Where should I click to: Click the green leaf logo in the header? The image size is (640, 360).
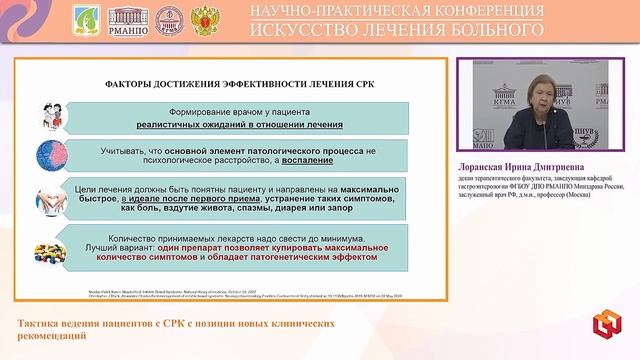click(x=87, y=21)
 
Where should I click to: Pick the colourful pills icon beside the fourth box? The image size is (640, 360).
click(x=49, y=250)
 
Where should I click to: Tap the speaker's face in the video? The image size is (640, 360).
click(x=524, y=99)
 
